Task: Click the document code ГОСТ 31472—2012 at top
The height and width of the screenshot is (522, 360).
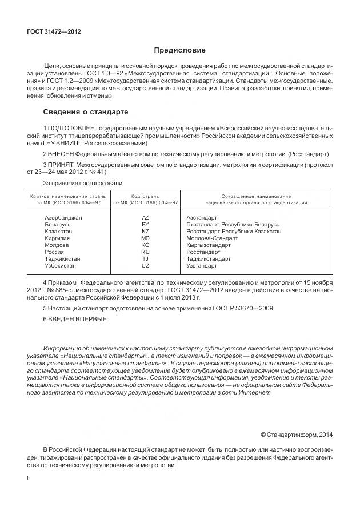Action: (x=54, y=32)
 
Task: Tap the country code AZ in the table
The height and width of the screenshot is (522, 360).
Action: (x=145, y=218)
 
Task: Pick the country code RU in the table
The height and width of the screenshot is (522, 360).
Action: (x=145, y=252)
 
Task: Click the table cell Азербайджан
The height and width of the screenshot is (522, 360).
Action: (x=63, y=218)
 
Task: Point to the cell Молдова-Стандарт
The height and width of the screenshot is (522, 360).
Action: (x=209, y=238)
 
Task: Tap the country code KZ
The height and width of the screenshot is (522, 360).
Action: (x=145, y=232)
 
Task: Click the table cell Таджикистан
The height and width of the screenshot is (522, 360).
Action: (x=62, y=259)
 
